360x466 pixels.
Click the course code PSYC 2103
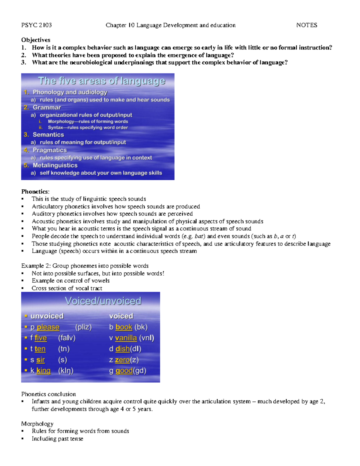pyautogui.click(x=36, y=25)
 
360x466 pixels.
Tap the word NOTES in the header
pyautogui.click(x=307, y=25)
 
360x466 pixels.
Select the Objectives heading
pyautogui.click(x=36, y=40)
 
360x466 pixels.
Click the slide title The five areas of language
pyautogui.click(x=101, y=81)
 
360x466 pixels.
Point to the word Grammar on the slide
pyautogui.click(x=47, y=107)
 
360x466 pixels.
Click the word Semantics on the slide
pyautogui.click(x=48, y=135)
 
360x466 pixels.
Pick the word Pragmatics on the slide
pyautogui.click(x=49, y=150)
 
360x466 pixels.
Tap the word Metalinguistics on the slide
pyautogui.click(x=55, y=165)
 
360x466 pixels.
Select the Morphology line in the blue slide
pyautogui.click(x=88, y=122)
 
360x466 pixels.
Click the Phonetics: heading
pyautogui.click(x=35, y=191)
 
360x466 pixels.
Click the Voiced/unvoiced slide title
pyautogui.click(x=103, y=301)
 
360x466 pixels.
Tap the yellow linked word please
pyautogui.click(x=48, y=327)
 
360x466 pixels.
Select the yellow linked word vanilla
pyautogui.click(x=126, y=338)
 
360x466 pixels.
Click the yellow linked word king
pyautogui.click(x=43, y=371)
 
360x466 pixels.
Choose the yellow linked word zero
pyautogui.click(x=122, y=360)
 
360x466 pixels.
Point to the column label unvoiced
pyautogui.click(x=47, y=316)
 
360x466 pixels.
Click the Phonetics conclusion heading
pyautogui.click(x=49, y=394)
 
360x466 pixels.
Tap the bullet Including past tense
pyautogui.click(x=57, y=439)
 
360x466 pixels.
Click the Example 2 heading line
pyautogui.click(x=85, y=266)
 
